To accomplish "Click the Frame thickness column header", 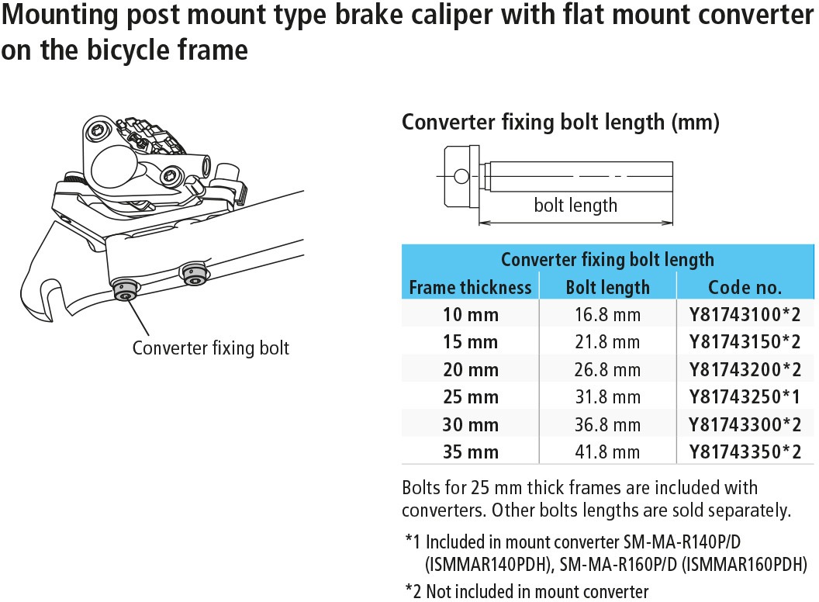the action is [470, 287].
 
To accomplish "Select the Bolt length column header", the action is [607, 287].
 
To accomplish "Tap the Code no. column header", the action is [745, 287].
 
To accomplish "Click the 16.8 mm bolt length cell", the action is [607, 315].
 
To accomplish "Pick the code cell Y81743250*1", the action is [745, 397].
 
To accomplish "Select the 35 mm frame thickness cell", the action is [471, 452].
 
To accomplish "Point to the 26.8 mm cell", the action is [607, 370].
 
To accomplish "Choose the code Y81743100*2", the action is [745, 315].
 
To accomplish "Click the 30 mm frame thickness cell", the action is [471, 424].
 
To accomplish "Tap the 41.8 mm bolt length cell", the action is [607, 452].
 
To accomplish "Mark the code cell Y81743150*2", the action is [745, 342].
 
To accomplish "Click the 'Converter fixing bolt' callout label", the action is [210, 348].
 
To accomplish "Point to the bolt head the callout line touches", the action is [126, 291].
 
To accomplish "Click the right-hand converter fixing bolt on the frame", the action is [195, 275].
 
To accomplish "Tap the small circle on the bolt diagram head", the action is [461, 176].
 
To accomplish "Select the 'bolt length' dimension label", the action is [575, 206].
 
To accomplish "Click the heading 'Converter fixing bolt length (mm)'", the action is [561, 123].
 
